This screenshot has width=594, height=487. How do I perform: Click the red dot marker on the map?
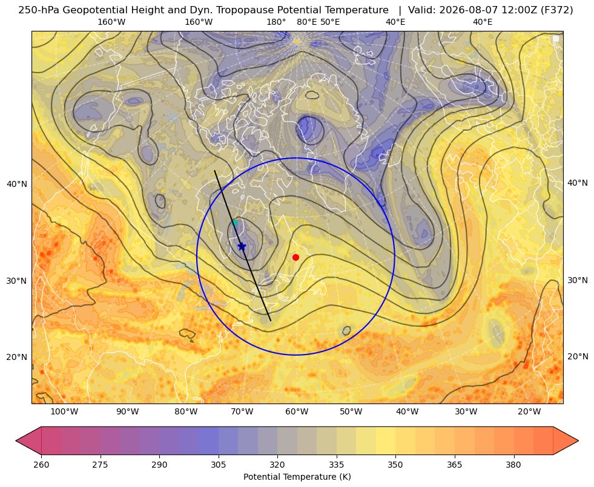pos(296,257)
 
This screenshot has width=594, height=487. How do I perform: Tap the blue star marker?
pos(242,246)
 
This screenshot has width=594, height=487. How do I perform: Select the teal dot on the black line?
pos(234,223)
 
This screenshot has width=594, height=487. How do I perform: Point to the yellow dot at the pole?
pos(297,41)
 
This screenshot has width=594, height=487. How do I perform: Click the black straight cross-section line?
pos(242,246)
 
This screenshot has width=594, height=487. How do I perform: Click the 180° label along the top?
pos(276,22)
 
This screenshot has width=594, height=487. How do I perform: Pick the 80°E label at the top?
pos(306,22)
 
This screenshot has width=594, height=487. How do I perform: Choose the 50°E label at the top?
pos(330,22)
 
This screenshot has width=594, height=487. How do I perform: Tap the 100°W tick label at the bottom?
pos(64,412)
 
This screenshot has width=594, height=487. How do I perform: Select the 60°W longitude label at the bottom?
pos(297,412)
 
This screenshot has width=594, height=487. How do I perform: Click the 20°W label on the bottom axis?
pos(529,412)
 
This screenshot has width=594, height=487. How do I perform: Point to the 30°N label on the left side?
pos(17,281)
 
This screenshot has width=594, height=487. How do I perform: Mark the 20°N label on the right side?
pos(578,356)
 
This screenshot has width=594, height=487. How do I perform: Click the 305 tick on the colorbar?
pos(218,465)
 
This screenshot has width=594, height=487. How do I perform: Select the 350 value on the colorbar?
pos(395,465)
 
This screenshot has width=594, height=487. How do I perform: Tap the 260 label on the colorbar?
pos(41,465)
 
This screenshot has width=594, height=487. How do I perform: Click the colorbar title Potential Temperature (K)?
pos(297,477)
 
